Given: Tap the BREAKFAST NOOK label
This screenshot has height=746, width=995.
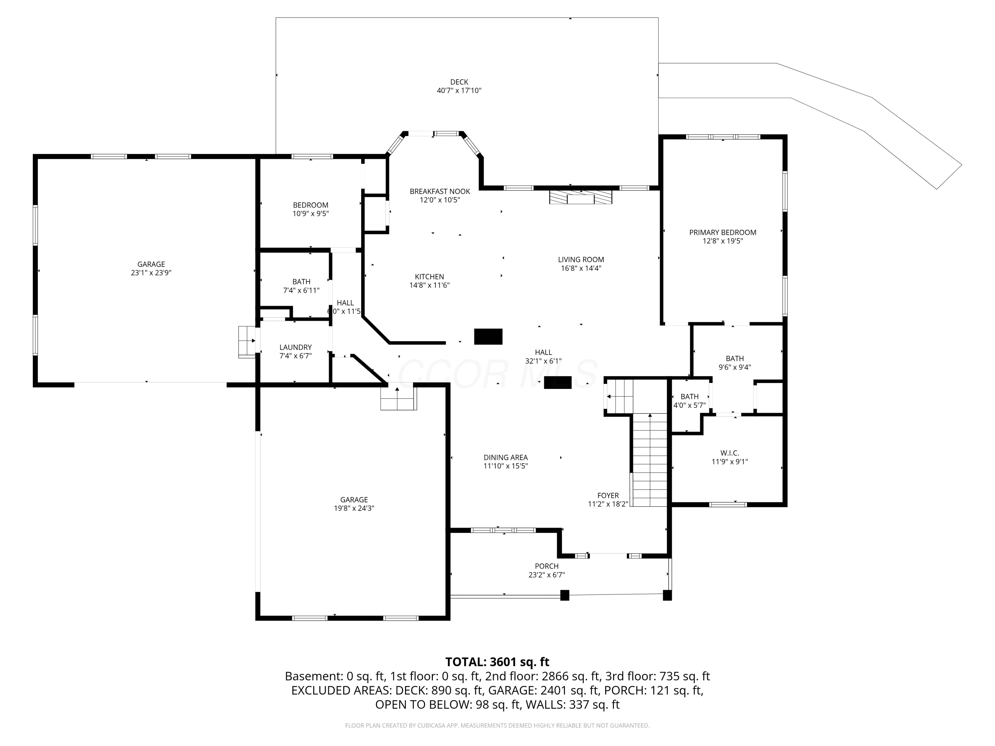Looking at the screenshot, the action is pos(439,192).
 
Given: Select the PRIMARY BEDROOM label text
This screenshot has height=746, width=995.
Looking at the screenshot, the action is pos(722,232).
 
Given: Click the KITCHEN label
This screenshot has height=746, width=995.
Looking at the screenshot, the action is pos(429,277).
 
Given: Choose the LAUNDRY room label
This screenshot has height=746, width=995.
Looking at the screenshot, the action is pos(296,347).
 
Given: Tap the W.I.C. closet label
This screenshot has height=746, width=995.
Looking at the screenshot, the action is pos(730,453).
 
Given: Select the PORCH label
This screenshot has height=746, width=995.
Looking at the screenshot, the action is pos(547,566).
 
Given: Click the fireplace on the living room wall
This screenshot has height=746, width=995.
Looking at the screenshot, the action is pos(580,197).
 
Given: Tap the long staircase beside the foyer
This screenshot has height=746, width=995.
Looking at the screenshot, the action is pos(649,460).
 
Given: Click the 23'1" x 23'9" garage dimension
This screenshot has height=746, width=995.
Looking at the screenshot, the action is pos(151,273).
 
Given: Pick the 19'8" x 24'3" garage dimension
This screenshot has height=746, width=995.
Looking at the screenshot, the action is pos(354,509).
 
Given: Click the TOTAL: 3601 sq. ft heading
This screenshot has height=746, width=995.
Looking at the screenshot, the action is pos(497,662).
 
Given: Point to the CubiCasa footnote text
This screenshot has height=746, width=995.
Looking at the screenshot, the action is pos(497,725).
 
